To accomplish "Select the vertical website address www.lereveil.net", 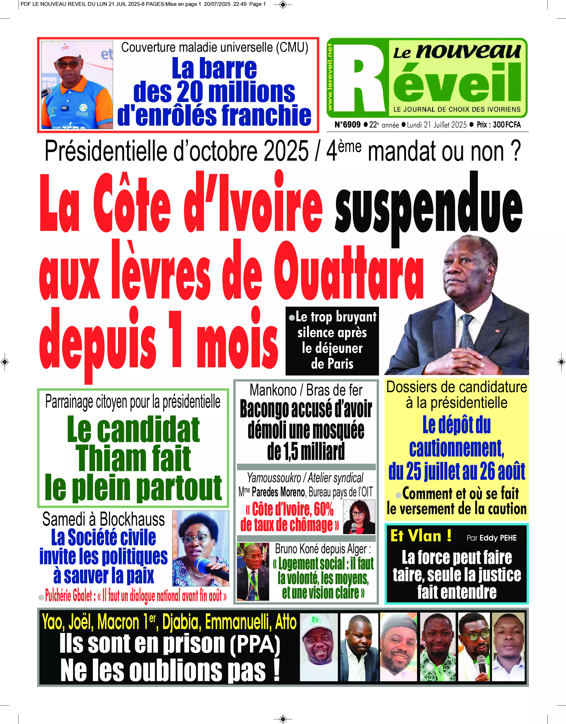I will tap(330, 77).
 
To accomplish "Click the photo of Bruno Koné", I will tap(253, 571).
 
